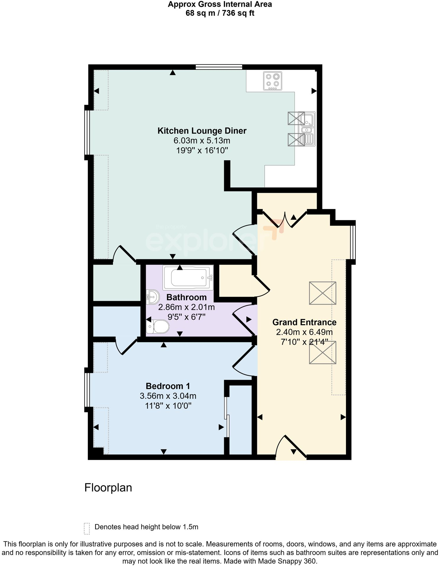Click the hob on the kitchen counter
272,81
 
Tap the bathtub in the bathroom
188,277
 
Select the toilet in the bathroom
158,327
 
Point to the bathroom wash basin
153,296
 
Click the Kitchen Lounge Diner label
202,131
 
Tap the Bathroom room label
186,297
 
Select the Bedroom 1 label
168,386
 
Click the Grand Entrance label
304,322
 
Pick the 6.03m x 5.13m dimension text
202,141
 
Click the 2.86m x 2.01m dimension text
186,307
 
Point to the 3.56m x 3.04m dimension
168,396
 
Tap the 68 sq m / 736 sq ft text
220,13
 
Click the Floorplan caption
108,487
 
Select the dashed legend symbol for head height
87,528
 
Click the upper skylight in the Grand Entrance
322,293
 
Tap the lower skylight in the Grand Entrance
322,352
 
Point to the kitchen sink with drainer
308,129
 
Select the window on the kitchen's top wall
219,67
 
